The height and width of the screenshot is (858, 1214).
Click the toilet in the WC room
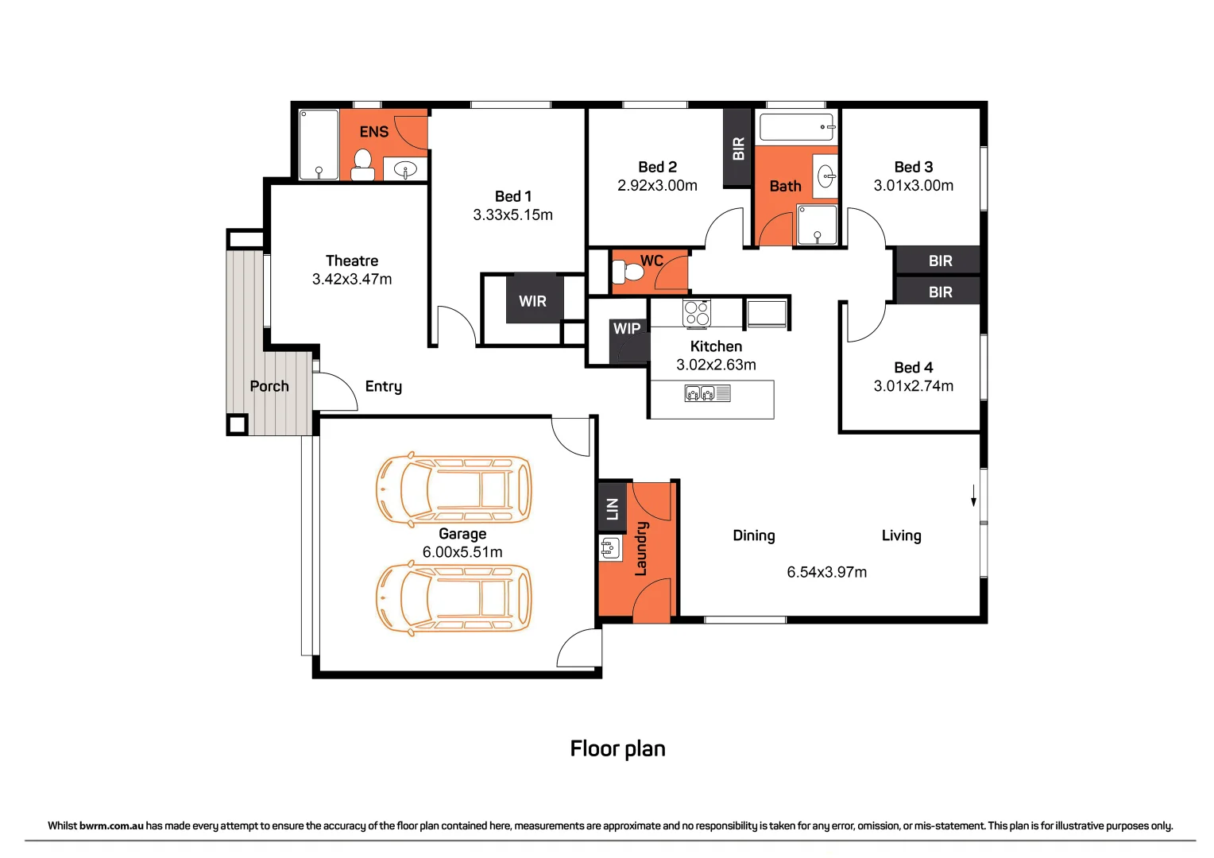pyautogui.click(x=632, y=272)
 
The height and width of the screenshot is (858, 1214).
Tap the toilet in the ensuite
pyautogui.click(x=362, y=164)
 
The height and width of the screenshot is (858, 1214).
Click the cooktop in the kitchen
pyautogui.click(x=697, y=313)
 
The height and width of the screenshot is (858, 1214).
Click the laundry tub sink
pyautogui.click(x=609, y=547)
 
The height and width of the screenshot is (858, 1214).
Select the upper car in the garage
pyautogui.click(x=453, y=489)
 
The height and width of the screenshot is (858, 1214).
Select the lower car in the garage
pyautogui.click(x=453, y=598)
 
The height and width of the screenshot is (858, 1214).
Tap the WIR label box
pyautogui.click(x=533, y=300)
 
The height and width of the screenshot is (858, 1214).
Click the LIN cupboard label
pyautogui.click(x=613, y=508)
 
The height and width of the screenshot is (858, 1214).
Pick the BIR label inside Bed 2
pyautogui.click(x=738, y=148)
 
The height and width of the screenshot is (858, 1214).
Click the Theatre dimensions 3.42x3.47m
pyautogui.click(x=352, y=279)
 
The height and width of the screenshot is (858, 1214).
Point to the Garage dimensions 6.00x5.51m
pyautogui.click(x=462, y=552)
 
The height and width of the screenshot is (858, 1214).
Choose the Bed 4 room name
pyautogui.click(x=913, y=367)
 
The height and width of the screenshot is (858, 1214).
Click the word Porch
pyautogui.click(x=269, y=386)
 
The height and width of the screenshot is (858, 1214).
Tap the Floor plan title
pyautogui.click(x=617, y=748)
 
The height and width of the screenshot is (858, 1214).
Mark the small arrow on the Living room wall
pyautogui.click(x=973, y=496)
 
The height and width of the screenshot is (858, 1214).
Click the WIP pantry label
pyautogui.click(x=627, y=328)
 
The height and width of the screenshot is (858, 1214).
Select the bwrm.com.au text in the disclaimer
pyautogui.click(x=111, y=825)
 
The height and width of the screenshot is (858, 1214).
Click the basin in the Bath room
pyautogui.click(x=827, y=176)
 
